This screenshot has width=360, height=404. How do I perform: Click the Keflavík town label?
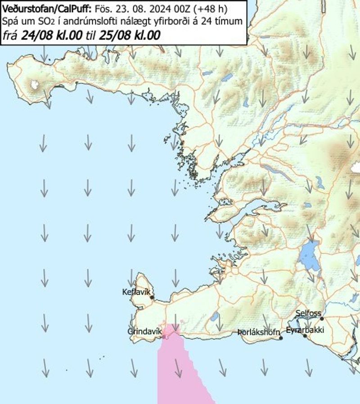coord(135,292)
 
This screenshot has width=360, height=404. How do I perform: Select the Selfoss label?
coord(308,313)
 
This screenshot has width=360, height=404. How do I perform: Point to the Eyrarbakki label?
coord(305,330)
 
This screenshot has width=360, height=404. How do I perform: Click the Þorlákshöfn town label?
coord(259,332)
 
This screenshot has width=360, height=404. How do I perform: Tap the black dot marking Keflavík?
coord(152,297)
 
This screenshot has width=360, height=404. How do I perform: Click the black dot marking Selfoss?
coord(322,319)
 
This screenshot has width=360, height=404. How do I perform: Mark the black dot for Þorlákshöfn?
coord(281,338)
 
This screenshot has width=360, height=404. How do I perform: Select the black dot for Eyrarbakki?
coord(305,336)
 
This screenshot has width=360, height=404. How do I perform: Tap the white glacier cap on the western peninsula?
coord(35,84)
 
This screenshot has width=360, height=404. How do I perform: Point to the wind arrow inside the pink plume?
coord(178,368)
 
